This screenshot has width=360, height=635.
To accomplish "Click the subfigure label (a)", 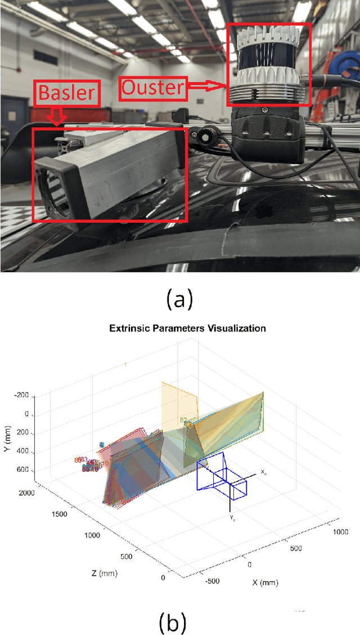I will [179, 299].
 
